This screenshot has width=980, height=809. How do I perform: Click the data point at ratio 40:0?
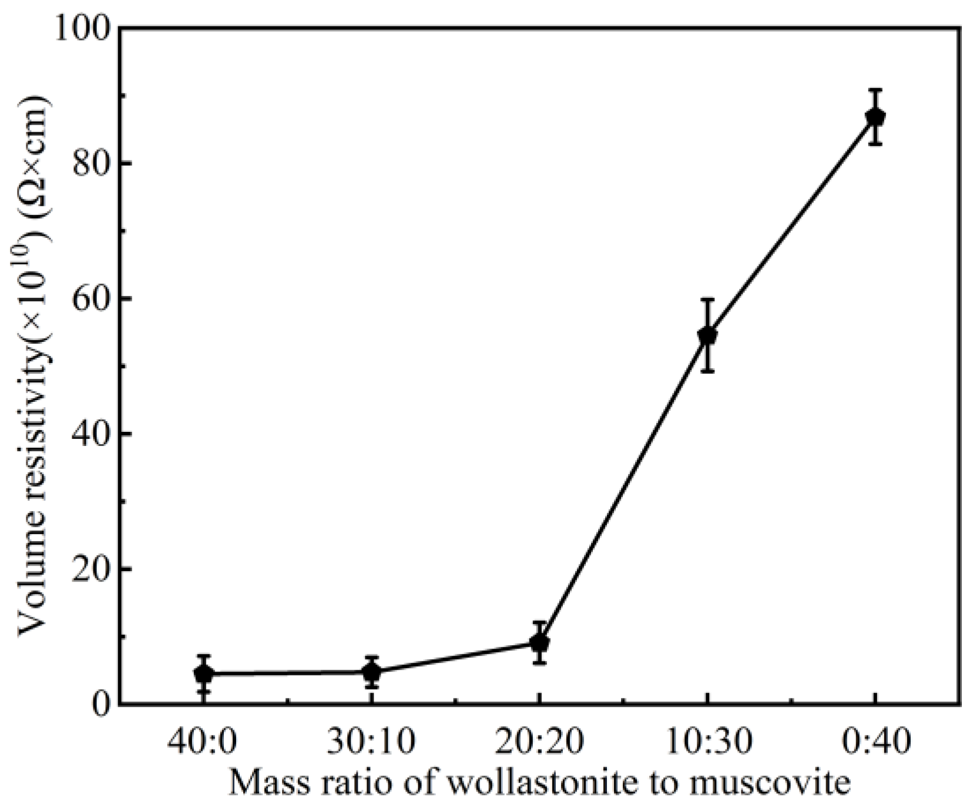(x=203, y=674)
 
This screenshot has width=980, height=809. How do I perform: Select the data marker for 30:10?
(x=371, y=672)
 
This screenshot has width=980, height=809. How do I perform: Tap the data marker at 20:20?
(x=539, y=643)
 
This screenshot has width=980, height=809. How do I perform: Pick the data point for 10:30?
(x=707, y=335)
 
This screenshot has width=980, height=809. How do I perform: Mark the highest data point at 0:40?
(x=875, y=117)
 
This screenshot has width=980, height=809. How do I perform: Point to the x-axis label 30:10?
(x=371, y=741)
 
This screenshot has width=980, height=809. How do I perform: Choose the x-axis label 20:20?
(x=539, y=741)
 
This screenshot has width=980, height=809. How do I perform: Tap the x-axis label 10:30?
(x=707, y=741)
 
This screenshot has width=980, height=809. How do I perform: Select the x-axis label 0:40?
(x=875, y=741)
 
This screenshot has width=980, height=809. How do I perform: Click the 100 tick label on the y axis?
(x=82, y=29)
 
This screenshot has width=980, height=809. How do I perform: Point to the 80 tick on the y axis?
(x=91, y=164)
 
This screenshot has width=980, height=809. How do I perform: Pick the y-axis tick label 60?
(x=91, y=299)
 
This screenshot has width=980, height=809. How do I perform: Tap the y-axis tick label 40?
(x=91, y=434)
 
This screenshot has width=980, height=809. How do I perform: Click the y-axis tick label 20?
(x=91, y=569)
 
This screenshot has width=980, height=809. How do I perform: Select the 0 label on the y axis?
(x=100, y=703)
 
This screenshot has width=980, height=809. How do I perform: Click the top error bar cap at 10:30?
(x=707, y=300)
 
